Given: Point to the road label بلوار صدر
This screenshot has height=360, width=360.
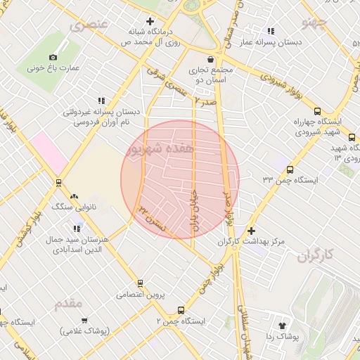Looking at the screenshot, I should click(227, 205).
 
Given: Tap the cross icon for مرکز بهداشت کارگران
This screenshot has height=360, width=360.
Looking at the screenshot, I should click(252, 231).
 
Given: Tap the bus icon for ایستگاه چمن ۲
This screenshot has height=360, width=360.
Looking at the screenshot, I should click(181, 310).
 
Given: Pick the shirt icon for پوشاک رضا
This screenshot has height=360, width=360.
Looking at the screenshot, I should click(283, 326).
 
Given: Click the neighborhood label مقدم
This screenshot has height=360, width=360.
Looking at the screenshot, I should click(68, 303).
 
